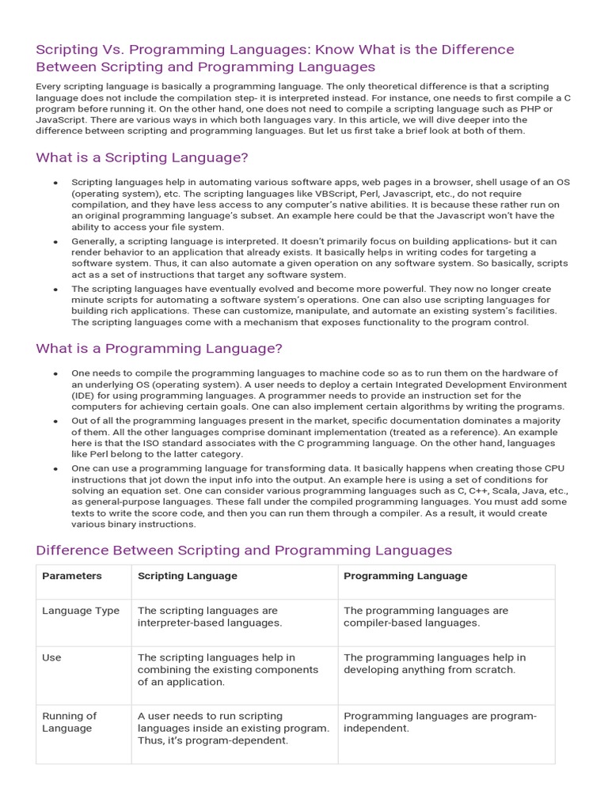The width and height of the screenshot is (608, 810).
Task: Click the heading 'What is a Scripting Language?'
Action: pyautogui.click(x=142, y=157)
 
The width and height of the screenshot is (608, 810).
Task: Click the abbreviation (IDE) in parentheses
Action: pyautogui.click(x=85, y=396)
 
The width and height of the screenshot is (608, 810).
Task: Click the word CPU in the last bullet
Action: pyautogui.click(x=545, y=468)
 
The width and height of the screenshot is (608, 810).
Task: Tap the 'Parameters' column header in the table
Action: pyautogui.click(x=72, y=576)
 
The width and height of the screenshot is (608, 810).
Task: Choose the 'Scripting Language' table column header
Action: pyautogui.click(x=188, y=576)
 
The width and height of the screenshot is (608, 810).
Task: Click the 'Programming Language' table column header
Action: pyautogui.click(x=405, y=576)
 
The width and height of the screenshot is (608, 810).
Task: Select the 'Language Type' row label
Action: pyautogui.click(x=81, y=611)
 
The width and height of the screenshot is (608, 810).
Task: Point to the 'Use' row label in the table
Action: pyautogui.click(x=51, y=657)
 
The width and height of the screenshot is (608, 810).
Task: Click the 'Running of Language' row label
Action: pyautogui.click(x=70, y=722)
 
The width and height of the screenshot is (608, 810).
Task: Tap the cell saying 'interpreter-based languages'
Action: pyautogui.click(x=209, y=617)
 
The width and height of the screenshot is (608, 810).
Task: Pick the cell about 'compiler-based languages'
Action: pyautogui.click(x=425, y=617)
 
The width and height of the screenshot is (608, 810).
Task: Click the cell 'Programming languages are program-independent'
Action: pyautogui.click(x=439, y=722)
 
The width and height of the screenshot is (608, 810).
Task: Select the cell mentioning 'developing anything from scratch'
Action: pyautogui.click(x=434, y=664)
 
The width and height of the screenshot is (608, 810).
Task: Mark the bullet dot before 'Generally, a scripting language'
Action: pyautogui.click(x=55, y=241)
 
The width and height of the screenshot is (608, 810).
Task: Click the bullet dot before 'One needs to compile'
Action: pyautogui.click(x=55, y=373)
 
